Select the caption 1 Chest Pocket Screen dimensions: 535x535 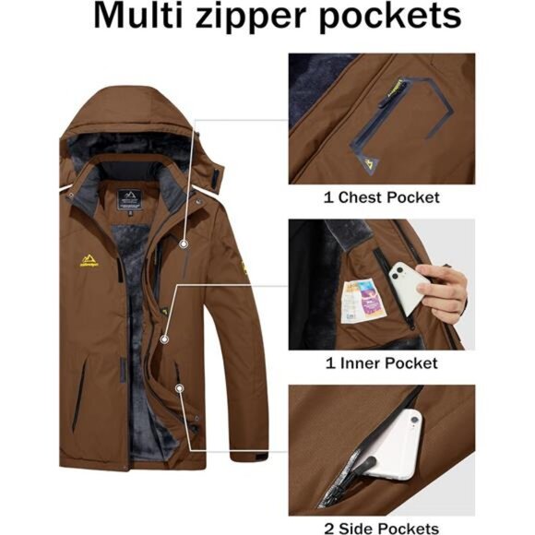point(381,197)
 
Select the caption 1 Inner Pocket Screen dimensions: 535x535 point(381,363)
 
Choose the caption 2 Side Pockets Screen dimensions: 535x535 point(381,528)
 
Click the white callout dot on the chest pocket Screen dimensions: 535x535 point(185,244)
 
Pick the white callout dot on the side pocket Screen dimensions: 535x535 point(179,390)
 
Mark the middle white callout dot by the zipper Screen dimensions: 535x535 point(165,339)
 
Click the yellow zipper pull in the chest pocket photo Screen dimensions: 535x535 point(373,89)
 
